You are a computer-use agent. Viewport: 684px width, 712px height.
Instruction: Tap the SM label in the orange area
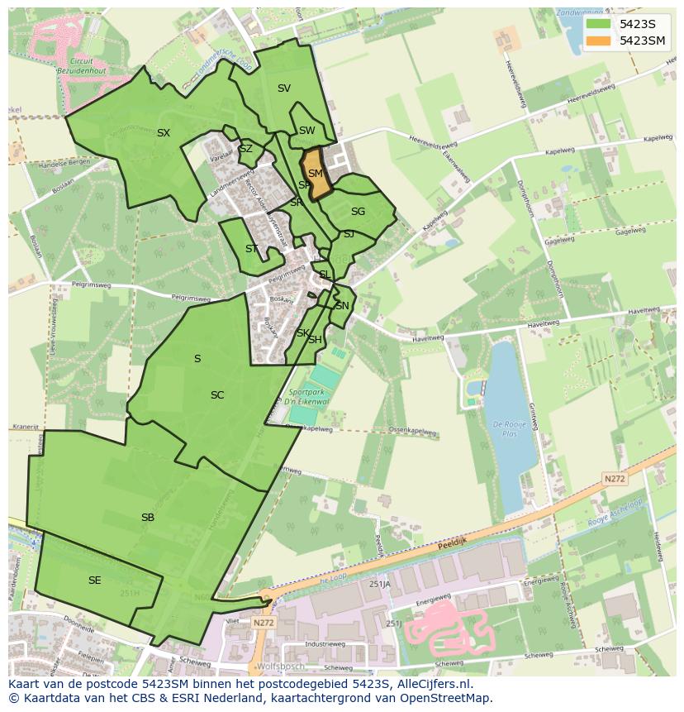coord(316,174)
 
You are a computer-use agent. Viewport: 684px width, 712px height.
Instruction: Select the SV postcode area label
coord(284,88)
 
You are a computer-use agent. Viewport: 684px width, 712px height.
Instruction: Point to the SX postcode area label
coord(164,132)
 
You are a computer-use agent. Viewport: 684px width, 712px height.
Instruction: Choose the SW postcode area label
coord(307,131)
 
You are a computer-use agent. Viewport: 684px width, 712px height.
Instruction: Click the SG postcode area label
coord(358,212)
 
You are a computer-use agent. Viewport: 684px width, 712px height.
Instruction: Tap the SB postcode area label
coord(148,518)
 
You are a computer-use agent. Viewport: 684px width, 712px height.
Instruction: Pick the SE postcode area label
coord(95,581)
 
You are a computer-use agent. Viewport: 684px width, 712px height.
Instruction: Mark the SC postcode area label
coord(217,395)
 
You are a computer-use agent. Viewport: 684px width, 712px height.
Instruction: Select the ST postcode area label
coord(252,249)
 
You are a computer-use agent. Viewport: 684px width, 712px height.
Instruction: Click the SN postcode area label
coord(342,306)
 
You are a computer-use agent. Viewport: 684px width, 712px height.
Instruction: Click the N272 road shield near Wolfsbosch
coord(264,623)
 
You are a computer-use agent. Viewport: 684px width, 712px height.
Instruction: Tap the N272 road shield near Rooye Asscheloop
coord(615,479)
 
